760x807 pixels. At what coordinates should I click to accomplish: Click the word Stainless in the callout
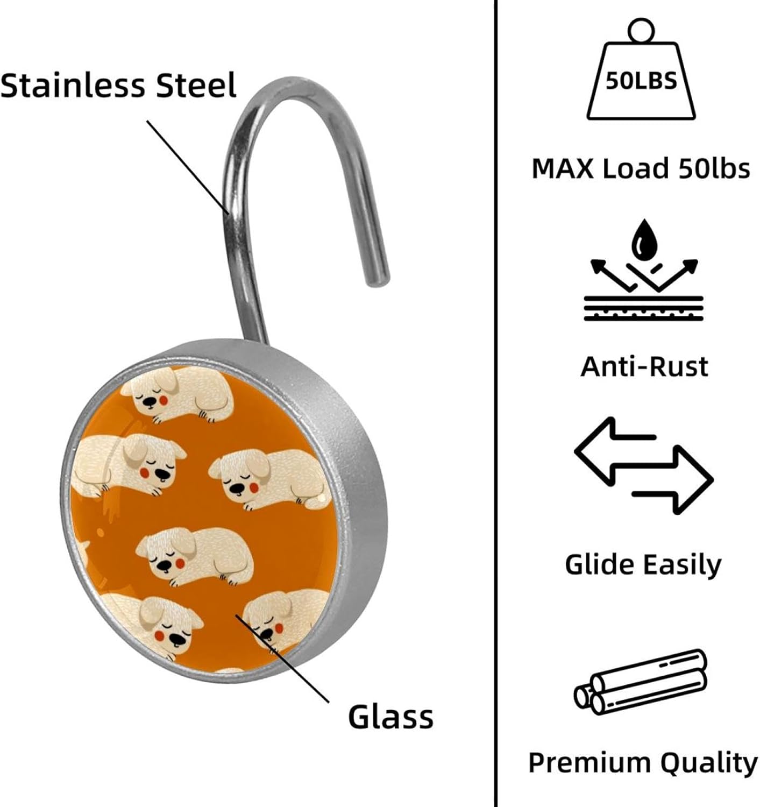coord(73,86)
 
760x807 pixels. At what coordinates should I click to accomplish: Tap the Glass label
coord(390,717)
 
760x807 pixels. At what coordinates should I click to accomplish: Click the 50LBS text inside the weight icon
coord(641,81)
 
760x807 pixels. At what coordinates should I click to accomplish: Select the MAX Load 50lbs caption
coord(641,168)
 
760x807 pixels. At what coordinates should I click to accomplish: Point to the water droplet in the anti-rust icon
coord(644,240)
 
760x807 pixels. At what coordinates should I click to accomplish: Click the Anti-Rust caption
coord(644,366)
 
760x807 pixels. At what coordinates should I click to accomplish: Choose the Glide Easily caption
coord(643,565)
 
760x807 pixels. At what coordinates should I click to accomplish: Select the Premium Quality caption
coord(643,763)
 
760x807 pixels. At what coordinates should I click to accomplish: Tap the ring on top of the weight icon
coord(640,30)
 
